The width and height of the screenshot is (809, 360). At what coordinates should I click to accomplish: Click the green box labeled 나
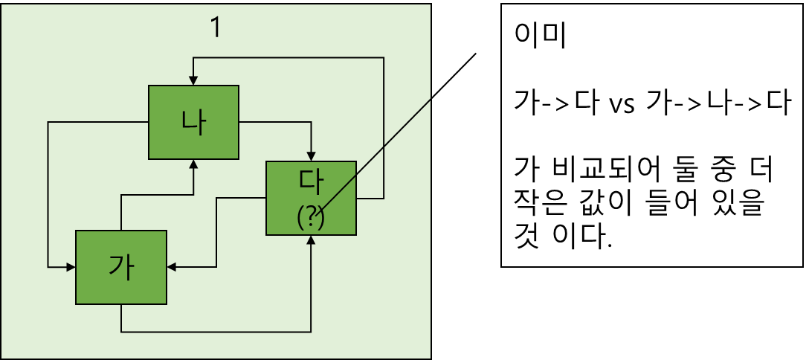coord(193,122)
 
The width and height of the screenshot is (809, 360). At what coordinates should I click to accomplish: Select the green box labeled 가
coord(120,267)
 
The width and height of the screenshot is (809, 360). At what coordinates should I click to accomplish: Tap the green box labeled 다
coord(312,198)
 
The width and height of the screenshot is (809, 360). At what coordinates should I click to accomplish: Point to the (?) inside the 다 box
coord(311,218)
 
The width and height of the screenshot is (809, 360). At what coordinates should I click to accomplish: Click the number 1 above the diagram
coord(216,28)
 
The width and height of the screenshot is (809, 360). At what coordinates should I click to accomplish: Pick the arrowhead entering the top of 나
coord(193,80)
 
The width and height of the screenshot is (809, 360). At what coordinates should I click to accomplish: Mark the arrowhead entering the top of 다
coord(312,156)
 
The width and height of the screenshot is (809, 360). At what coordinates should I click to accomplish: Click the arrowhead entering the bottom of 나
coord(193,164)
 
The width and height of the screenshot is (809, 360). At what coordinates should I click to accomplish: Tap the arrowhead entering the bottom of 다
coord(312,239)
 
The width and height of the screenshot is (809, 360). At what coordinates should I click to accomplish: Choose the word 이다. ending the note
coord(586,238)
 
